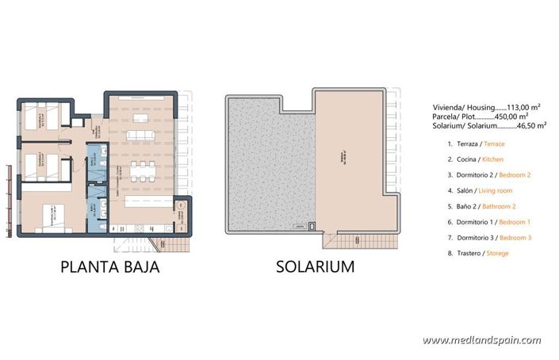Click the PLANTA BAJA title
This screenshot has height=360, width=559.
(x=110, y=266)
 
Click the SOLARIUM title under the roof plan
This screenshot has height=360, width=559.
(x=315, y=266)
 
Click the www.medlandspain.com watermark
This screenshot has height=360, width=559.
(x=481, y=340)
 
